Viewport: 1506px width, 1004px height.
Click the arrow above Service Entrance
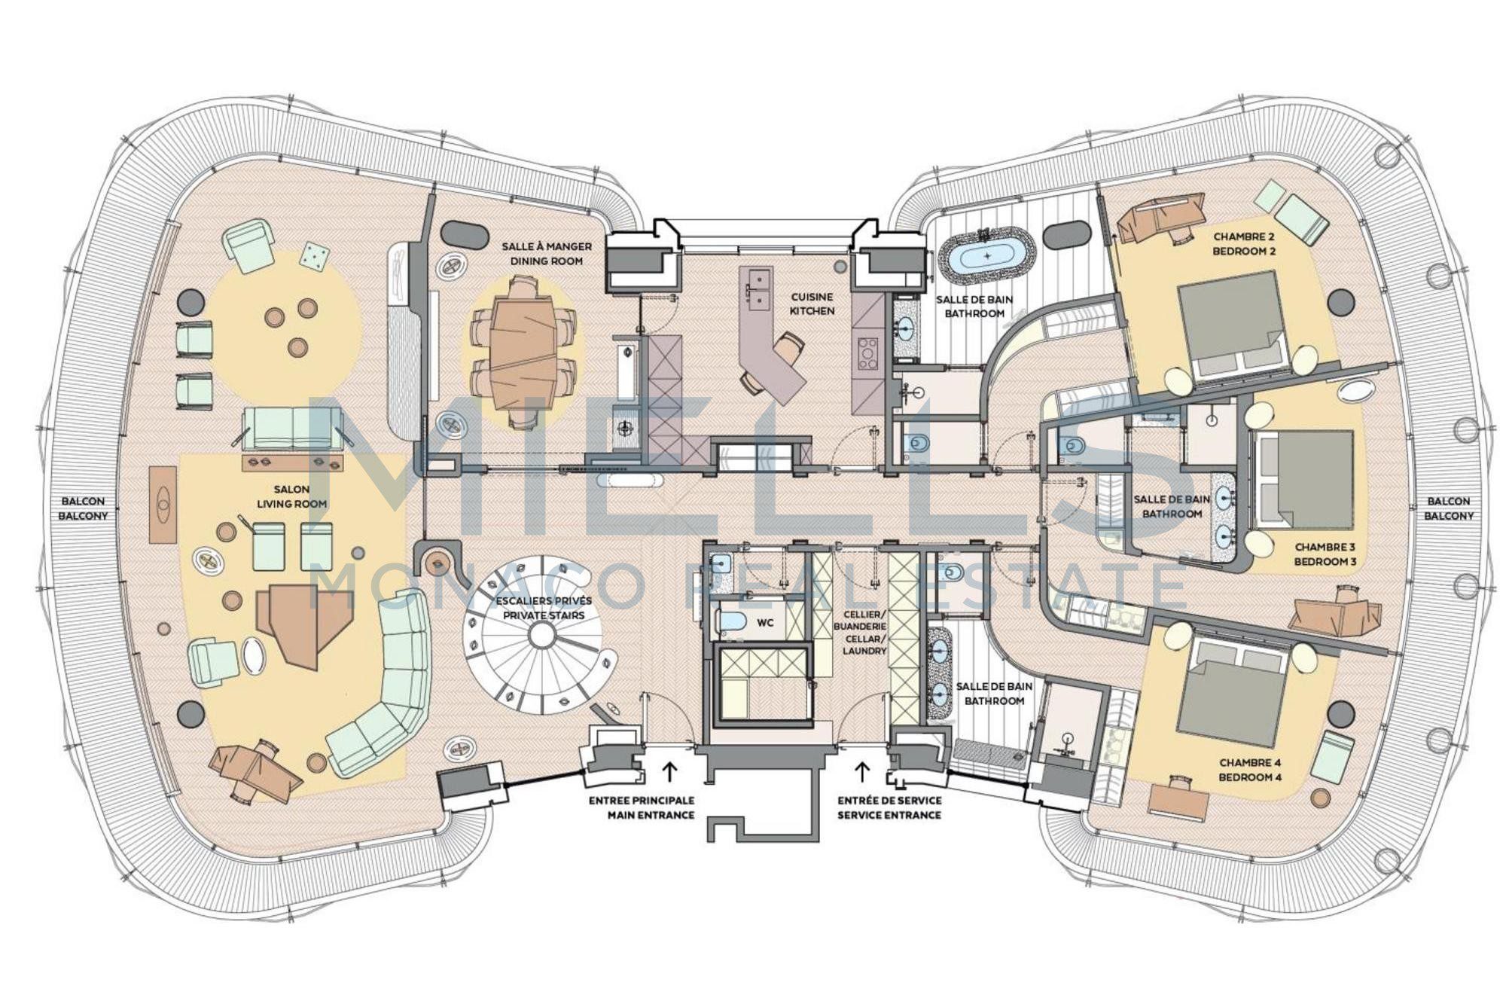(862, 771)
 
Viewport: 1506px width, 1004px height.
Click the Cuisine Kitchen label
(812, 304)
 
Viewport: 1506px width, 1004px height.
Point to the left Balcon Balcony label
(83, 508)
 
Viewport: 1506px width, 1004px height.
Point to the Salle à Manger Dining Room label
(547, 254)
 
